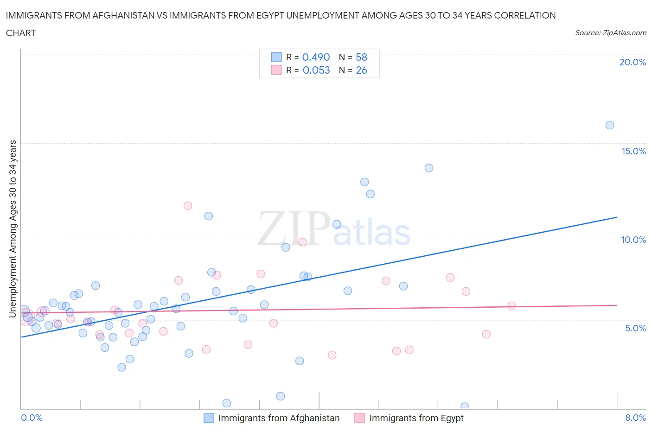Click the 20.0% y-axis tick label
click(x=633, y=62)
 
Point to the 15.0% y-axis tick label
click(x=633, y=151)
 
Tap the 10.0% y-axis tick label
click(x=633, y=240)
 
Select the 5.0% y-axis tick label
click(x=635, y=328)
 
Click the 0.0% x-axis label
click(x=32, y=418)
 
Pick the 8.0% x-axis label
click(x=635, y=418)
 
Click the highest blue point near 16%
click(x=610, y=125)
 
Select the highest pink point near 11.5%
click(x=188, y=206)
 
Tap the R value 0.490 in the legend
click(x=316, y=57)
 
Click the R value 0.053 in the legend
click(x=316, y=70)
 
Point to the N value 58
click(x=361, y=57)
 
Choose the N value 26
click(x=361, y=70)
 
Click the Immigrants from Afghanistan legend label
click(x=279, y=418)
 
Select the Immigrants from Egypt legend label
click(x=416, y=418)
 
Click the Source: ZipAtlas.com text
click(x=610, y=33)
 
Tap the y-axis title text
click(x=13, y=228)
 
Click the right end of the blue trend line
click(x=617, y=217)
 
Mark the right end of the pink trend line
click(x=617, y=305)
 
